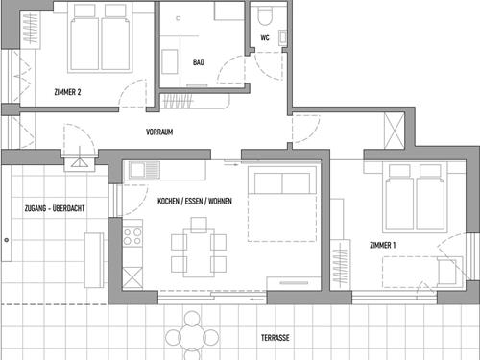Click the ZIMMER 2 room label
[x=67, y=92]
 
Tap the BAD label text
[x=199, y=62]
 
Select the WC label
[x=265, y=37]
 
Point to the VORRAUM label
[x=159, y=132]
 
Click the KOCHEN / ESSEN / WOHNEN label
[x=195, y=201]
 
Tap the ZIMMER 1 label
[x=383, y=245]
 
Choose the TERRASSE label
[x=276, y=338]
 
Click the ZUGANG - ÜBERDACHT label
[x=55, y=208]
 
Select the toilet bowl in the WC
[x=265, y=16]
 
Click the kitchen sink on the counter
[x=144, y=170]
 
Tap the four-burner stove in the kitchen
[x=132, y=236]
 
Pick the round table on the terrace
[x=192, y=337]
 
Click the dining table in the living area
[x=199, y=252]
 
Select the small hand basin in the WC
[x=283, y=37]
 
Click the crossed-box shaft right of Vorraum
[x=395, y=131]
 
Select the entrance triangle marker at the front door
[x=79, y=162]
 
